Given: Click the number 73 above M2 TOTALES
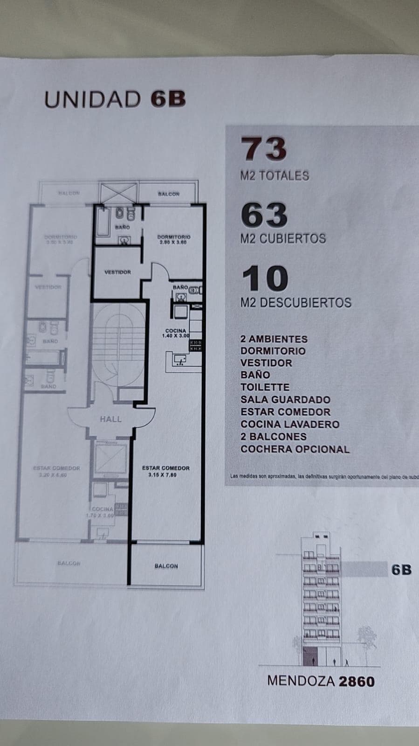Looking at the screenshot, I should pos(263,149).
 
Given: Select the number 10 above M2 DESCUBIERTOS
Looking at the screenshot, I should pos(264,279).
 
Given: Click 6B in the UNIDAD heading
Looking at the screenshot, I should pos(168,99).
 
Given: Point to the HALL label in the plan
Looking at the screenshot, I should pos(110,419).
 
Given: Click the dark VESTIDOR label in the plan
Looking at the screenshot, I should pos(117,272).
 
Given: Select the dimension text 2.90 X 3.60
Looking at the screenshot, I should pos(173,243).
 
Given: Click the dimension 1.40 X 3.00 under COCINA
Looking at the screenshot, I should pos(176,336).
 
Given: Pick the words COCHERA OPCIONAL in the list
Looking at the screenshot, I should pos(295,449).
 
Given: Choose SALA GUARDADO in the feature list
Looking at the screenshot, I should pos(285,399).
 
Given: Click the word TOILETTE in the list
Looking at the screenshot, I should pos(265,387).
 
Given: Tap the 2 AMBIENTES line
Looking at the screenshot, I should pos(274,339).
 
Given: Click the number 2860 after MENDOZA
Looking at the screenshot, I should pos(357,682).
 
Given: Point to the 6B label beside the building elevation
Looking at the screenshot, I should pos(401,570).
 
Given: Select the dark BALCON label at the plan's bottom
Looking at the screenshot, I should pos(166,566).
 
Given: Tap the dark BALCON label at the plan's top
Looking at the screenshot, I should pos(168,194).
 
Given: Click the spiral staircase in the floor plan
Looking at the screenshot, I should pos(118,345).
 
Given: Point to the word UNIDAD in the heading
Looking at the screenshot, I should pos(92,99).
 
